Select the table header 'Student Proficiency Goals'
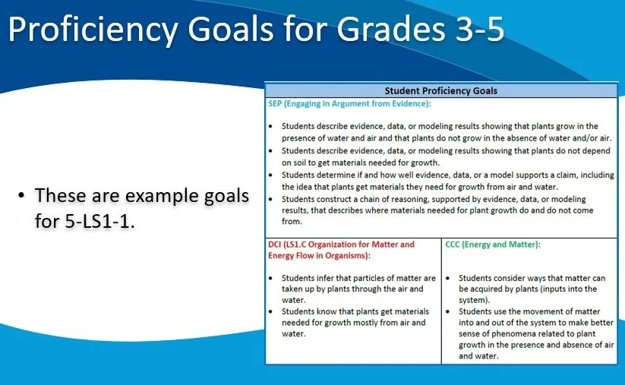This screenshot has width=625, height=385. [440, 90]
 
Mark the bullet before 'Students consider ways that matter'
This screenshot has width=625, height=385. [450, 278]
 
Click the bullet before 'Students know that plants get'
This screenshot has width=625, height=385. [272, 311]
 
